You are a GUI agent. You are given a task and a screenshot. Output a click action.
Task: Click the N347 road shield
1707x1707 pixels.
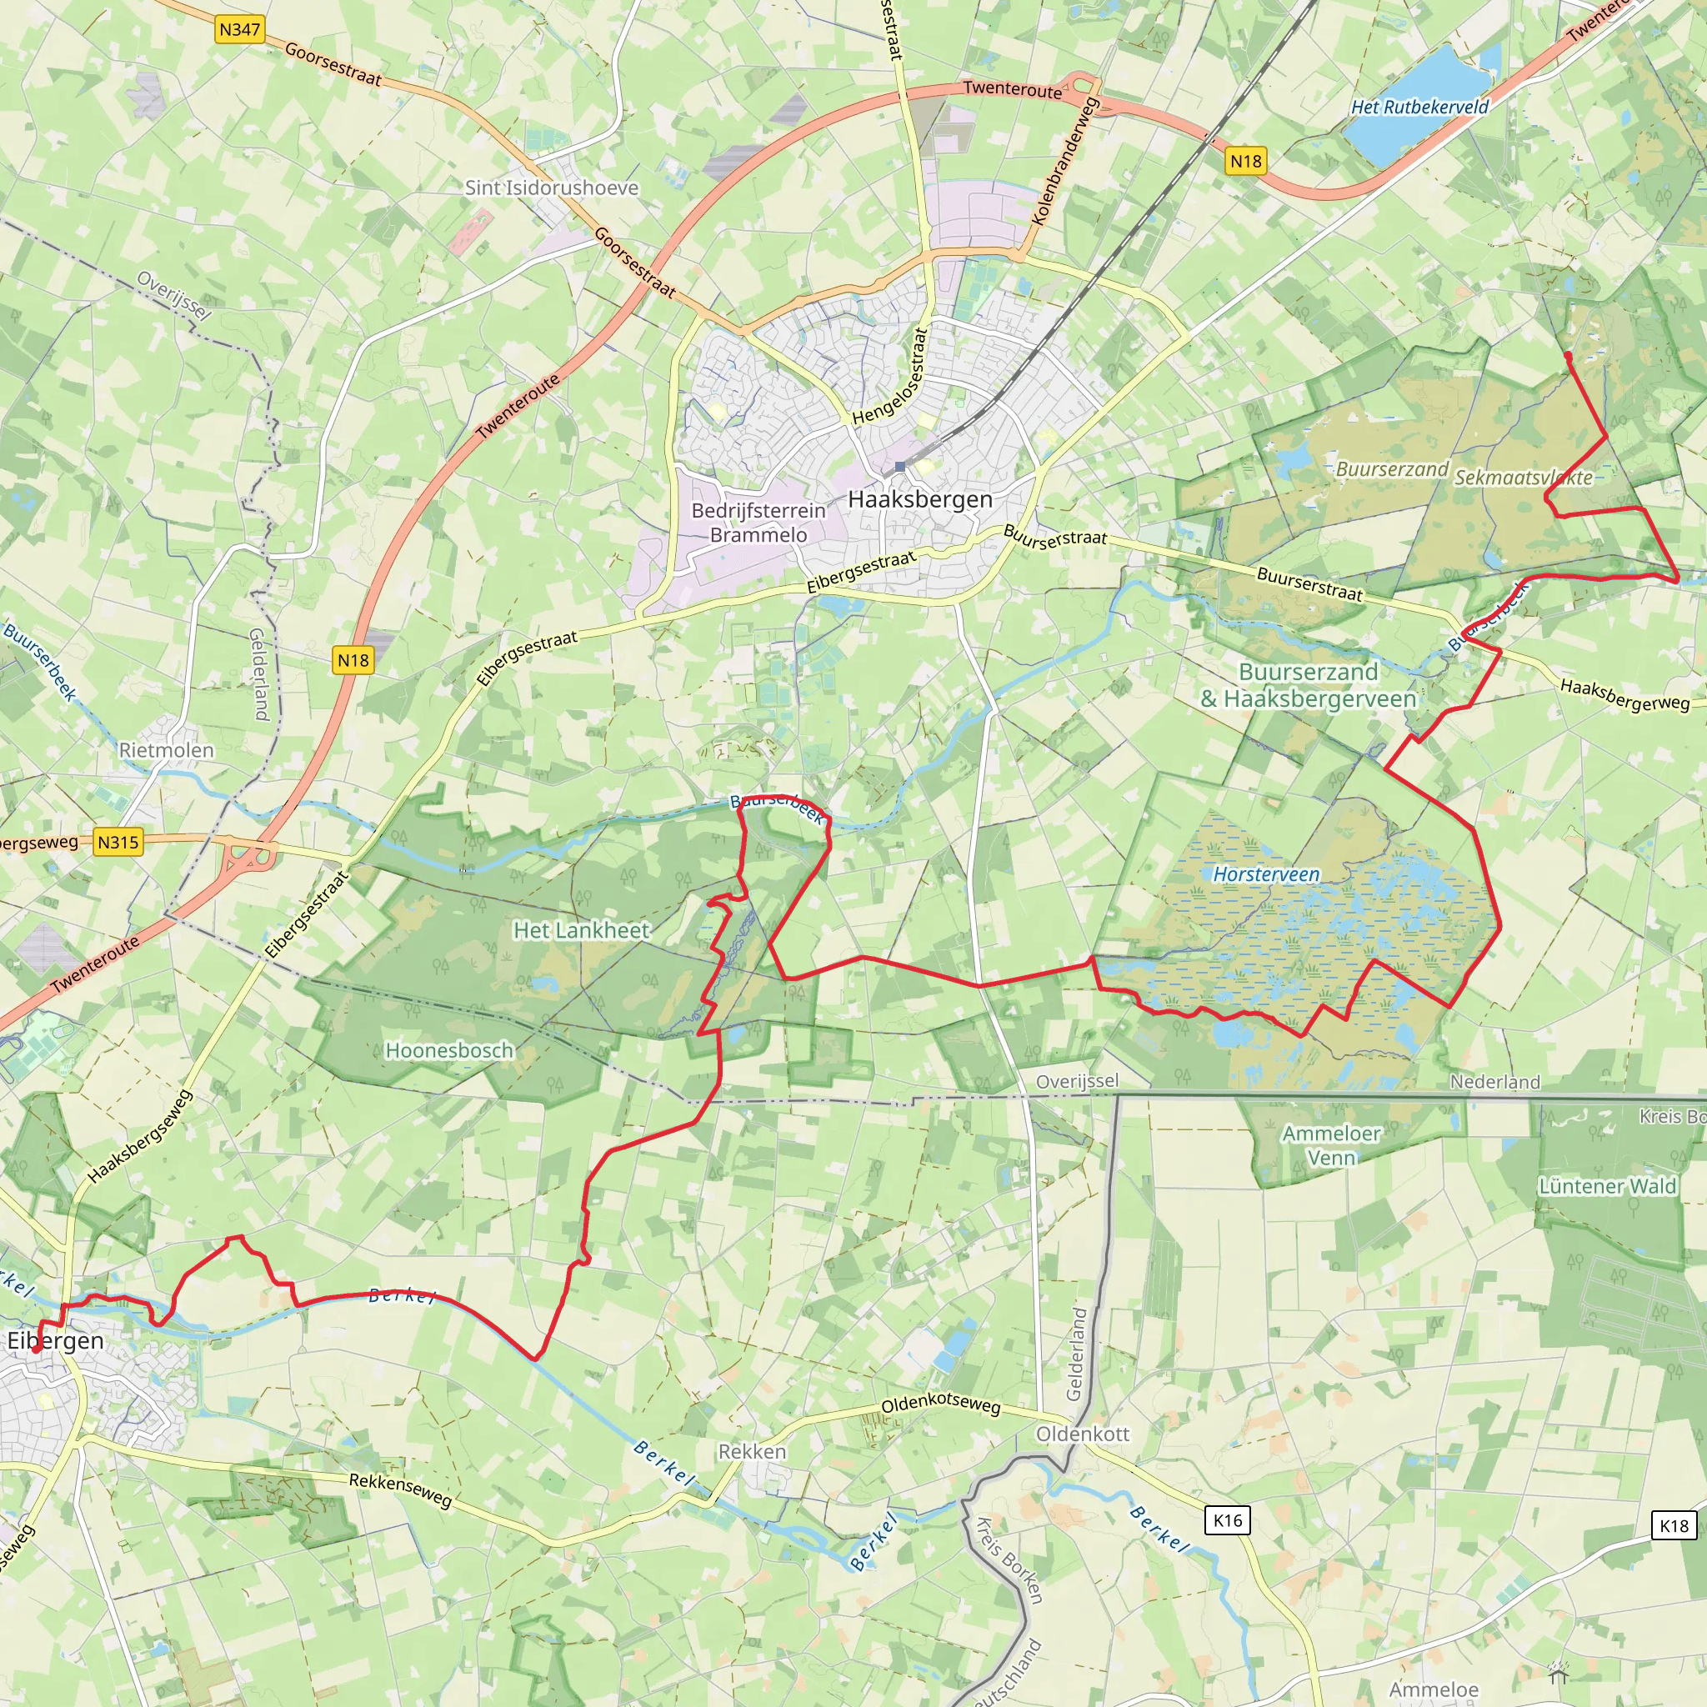tap(239, 30)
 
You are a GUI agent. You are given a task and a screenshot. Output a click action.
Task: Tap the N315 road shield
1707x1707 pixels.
tap(118, 842)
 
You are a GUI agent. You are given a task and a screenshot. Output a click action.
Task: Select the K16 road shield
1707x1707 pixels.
tap(1227, 1520)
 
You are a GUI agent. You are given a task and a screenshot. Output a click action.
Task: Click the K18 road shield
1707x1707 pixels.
tap(1674, 1526)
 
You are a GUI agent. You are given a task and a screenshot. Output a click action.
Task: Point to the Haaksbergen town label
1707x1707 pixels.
tap(920, 499)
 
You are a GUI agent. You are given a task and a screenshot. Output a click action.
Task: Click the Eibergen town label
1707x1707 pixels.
tap(55, 1341)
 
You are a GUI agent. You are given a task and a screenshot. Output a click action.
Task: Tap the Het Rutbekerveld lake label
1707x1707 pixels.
tap(1419, 107)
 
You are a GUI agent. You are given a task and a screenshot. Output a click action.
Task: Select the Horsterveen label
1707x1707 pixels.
tap(1265, 874)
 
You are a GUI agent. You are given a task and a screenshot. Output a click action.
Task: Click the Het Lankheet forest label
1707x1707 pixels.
tap(582, 930)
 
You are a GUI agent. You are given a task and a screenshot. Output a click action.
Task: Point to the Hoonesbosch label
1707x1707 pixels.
tap(450, 1050)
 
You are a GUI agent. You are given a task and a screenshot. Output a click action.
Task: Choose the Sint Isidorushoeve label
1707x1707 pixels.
tap(551, 188)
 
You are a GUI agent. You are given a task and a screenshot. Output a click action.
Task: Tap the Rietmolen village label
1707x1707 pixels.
tap(166, 750)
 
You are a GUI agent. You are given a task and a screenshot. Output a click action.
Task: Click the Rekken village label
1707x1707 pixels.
tap(752, 1452)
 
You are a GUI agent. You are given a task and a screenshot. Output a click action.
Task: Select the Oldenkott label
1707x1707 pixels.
tap(1083, 1434)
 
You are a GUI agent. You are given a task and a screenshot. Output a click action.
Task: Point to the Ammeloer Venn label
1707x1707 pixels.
tap(1330, 1145)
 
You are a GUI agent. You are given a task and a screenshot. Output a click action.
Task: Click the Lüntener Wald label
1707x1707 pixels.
tap(1607, 1187)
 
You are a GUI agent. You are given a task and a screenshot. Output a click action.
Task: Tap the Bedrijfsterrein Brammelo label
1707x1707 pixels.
tap(758, 522)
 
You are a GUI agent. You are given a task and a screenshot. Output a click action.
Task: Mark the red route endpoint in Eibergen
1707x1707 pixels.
tap(35, 1350)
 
